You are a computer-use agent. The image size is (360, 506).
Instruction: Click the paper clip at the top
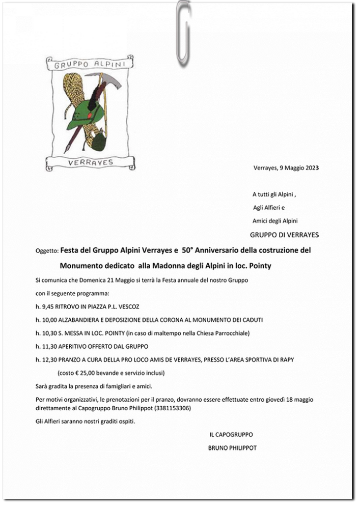[x=184, y=34]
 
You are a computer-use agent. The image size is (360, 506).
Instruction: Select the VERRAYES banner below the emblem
[x=91, y=162]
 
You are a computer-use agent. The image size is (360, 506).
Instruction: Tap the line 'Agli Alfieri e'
[x=268, y=208]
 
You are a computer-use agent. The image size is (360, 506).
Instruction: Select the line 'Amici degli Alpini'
[x=275, y=221]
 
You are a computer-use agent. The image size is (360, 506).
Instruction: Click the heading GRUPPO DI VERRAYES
[x=284, y=235]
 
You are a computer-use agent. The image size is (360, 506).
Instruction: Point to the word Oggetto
[x=47, y=251]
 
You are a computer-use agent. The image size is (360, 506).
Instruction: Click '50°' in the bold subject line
[x=190, y=250]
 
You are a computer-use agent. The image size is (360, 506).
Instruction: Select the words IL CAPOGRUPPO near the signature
[x=231, y=435]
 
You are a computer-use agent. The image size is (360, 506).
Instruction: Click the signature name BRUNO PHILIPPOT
[x=232, y=448]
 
